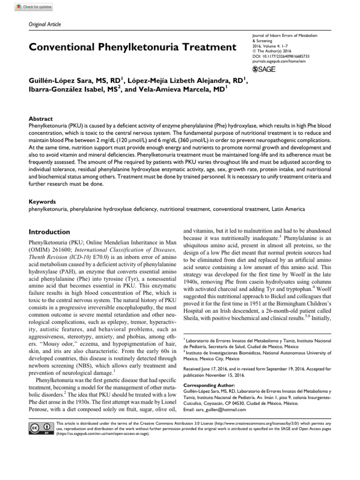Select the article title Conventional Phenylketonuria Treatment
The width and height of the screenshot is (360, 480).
click(133, 47)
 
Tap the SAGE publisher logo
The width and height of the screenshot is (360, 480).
click(264, 69)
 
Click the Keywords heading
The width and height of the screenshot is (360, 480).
click(43, 201)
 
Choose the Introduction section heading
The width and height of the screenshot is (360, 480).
click(49, 232)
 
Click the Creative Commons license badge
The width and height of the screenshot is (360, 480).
click(41, 428)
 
